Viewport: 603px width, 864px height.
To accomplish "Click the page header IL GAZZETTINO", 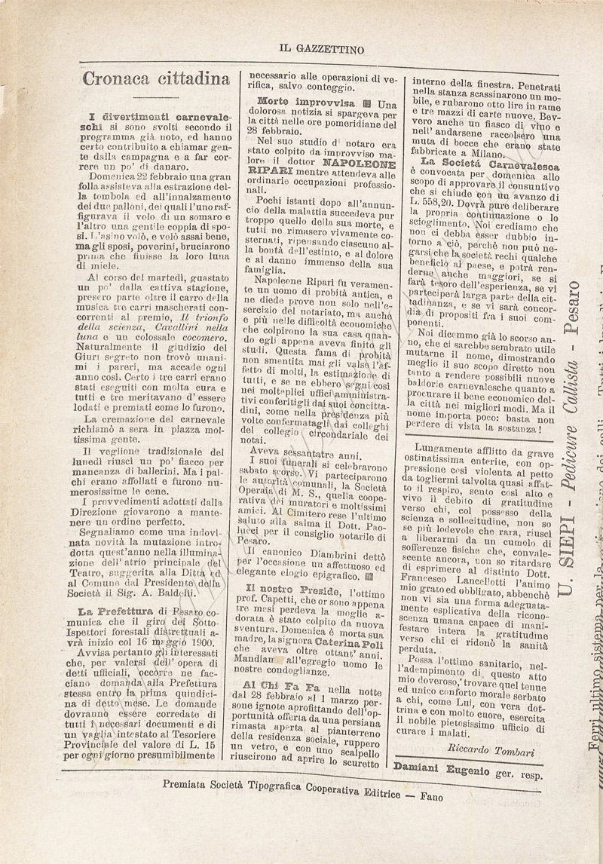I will pos(321,50).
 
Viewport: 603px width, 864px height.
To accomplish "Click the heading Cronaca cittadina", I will pos(156,78).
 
